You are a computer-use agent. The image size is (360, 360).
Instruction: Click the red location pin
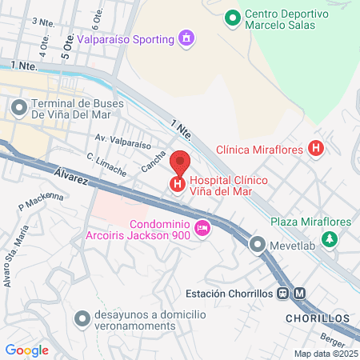(180, 162)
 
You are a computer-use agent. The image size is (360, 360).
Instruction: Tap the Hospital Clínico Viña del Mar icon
(177, 185)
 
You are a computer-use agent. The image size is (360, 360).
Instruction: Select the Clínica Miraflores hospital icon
(317, 149)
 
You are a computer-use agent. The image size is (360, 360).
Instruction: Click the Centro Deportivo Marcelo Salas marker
(232, 17)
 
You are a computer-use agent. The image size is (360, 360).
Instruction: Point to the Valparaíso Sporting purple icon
(186, 38)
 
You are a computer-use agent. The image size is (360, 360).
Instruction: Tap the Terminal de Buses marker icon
(18, 106)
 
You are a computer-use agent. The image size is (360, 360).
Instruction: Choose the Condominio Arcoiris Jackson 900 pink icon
(202, 229)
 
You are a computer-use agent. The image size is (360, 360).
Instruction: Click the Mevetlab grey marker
(257, 244)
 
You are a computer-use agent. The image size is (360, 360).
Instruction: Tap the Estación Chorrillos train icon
(283, 293)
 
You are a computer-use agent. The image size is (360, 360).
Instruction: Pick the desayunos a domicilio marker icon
(80, 318)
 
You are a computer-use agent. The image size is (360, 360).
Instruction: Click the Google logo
(26, 350)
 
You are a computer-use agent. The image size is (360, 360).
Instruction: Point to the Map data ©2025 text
(324, 354)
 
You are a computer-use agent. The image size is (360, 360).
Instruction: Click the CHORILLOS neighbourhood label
(318, 318)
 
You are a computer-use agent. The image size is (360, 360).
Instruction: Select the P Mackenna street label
(40, 202)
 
